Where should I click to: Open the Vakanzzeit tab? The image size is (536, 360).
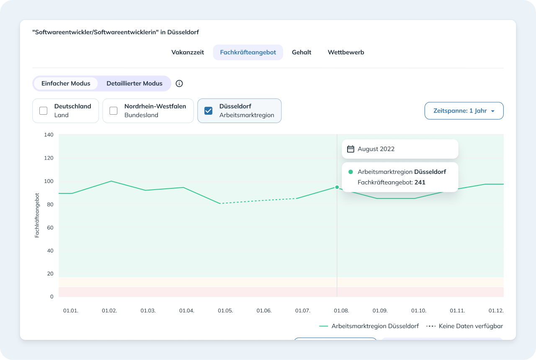pyautogui.click(x=187, y=52)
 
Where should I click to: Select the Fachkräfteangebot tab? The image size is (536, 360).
pyautogui.click(x=248, y=52)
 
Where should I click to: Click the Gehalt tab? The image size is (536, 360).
pyautogui.click(x=301, y=52)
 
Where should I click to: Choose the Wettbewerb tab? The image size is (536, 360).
pyautogui.click(x=346, y=52)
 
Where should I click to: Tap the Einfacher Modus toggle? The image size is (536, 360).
pyautogui.click(x=66, y=83)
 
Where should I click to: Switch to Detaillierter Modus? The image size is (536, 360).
pyautogui.click(x=134, y=83)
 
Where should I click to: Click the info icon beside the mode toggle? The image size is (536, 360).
pyautogui.click(x=179, y=83)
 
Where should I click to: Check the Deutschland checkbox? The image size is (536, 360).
pyautogui.click(x=43, y=111)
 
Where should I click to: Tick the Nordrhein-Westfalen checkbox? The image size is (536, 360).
pyautogui.click(x=113, y=111)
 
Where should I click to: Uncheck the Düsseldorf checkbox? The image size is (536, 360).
pyautogui.click(x=208, y=111)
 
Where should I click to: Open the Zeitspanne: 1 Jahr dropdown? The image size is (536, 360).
pyautogui.click(x=464, y=111)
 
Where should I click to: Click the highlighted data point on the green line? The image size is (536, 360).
pyautogui.click(x=337, y=187)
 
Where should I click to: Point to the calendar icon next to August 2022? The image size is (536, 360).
pyautogui.click(x=350, y=149)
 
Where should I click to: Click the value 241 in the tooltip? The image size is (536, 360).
pyautogui.click(x=420, y=182)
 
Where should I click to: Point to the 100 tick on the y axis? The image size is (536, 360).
pyautogui.click(x=49, y=181)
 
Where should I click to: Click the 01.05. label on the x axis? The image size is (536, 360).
pyautogui.click(x=225, y=311)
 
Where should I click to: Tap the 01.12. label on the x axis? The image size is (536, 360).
pyautogui.click(x=496, y=311)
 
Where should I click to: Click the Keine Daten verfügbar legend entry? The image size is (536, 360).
pyautogui.click(x=464, y=326)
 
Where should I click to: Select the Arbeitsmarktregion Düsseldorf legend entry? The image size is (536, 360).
pyautogui.click(x=369, y=326)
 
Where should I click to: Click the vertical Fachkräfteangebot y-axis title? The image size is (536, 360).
pyautogui.click(x=37, y=215)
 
